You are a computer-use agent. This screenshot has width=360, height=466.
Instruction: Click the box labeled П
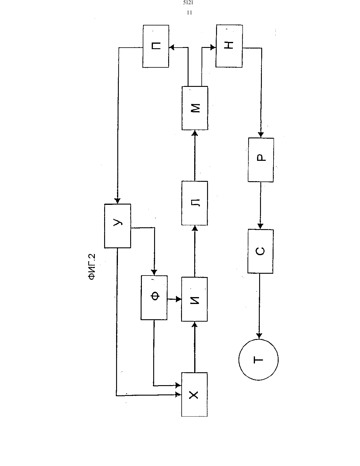pos(156,46)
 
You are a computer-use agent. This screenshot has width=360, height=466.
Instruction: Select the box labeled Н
pos(229,46)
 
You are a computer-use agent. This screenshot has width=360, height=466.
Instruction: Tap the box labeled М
pos(195,108)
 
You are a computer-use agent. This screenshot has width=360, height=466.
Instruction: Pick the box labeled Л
pos(195,203)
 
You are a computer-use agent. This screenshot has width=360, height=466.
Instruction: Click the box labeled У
pos(118,226)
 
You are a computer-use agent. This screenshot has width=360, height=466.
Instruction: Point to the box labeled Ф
pos(154,298)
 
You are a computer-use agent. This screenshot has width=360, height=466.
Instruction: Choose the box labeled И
pos(194,299)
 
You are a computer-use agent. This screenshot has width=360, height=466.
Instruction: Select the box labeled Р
pos(261,160)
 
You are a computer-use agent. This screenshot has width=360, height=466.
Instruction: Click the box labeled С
pos(261,251)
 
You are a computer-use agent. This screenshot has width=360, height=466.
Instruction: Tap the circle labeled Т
pos(259,360)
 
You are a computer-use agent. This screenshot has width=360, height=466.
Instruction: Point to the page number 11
pos(189,13)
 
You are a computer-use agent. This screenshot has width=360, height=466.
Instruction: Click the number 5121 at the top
pos(188,3)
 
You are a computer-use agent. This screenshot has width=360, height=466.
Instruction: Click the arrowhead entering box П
pos(172,47)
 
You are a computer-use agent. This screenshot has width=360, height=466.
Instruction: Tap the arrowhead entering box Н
pos(213,47)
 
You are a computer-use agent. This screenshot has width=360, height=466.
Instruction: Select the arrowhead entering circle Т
pos(259,336)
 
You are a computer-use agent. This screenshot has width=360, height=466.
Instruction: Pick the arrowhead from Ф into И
pos(178,299)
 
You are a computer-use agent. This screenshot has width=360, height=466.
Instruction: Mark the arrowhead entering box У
pos(117,201)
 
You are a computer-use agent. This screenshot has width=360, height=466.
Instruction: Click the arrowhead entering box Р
pos(261,135)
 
